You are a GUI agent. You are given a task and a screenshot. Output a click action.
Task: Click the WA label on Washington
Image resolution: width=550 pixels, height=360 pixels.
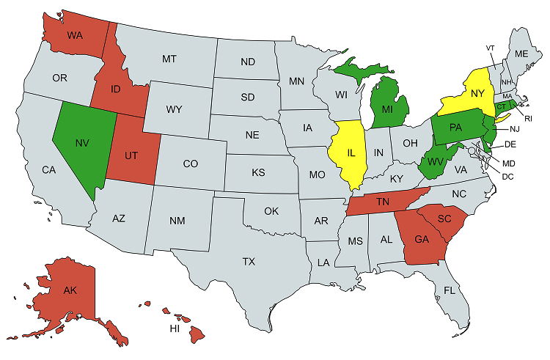pyautogui.click(x=75, y=35)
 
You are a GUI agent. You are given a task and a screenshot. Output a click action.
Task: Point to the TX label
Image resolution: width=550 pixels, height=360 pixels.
pyautogui.click(x=249, y=261)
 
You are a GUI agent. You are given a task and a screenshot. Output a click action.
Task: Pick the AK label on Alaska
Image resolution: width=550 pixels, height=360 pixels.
pyautogui.click(x=70, y=290)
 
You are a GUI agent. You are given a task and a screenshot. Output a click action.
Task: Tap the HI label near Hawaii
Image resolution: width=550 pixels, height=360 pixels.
pyautogui.click(x=175, y=328)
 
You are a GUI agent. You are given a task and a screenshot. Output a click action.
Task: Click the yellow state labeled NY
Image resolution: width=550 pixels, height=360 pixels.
pyautogui.click(x=477, y=93)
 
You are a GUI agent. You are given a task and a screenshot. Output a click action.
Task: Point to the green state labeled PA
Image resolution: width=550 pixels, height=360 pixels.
pyautogui.click(x=455, y=127)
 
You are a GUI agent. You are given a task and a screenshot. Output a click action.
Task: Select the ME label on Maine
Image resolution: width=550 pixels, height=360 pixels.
pyautogui.click(x=521, y=54)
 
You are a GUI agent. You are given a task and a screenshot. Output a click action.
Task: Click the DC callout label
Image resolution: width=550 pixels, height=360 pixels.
pyautogui.click(x=507, y=176)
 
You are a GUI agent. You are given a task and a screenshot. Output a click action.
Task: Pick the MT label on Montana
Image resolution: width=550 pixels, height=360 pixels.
pyautogui.click(x=169, y=58)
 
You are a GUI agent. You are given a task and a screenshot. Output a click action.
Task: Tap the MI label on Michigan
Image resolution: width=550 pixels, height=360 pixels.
pyautogui.click(x=388, y=109)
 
